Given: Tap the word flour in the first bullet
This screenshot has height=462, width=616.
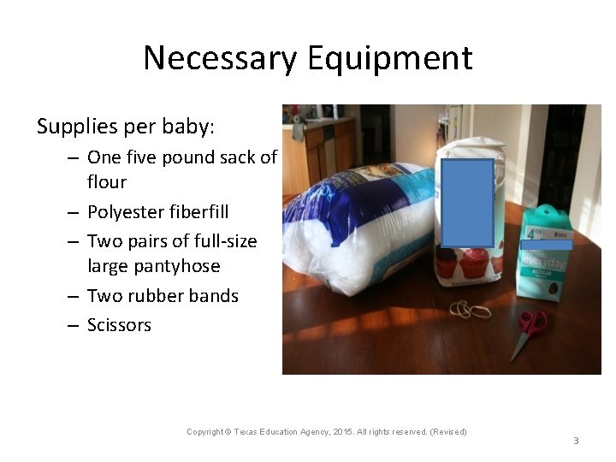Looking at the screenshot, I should click(x=107, y=182).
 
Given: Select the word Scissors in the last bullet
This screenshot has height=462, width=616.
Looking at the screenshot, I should click(x=119, y=325).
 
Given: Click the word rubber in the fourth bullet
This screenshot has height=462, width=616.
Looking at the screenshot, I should click(x=163, y=296).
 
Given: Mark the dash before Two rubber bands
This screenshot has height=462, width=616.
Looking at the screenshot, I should click(x=71, y=296).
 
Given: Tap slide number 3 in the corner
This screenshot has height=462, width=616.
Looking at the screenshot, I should click(x=576, y=441).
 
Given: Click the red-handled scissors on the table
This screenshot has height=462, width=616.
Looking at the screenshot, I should click(x=527, y=329).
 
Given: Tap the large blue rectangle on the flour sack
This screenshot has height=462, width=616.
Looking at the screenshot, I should click(x=467, y=203).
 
